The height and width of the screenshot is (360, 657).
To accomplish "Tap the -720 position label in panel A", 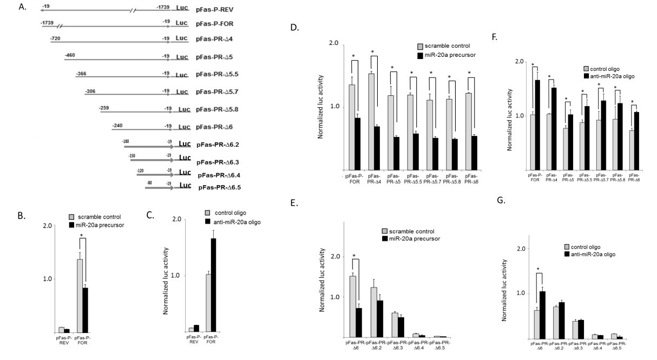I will (x=55, y=39).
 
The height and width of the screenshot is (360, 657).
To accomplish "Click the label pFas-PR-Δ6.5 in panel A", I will (x=220, y=187).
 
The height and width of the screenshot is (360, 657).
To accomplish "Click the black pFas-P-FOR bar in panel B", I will (x=83, y=309).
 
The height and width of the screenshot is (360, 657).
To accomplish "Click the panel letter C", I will (x=150, y=215).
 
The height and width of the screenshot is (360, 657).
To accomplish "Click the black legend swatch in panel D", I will (x=421, y=56).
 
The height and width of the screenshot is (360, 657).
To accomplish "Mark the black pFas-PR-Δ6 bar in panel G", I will (x=541, y=315).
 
